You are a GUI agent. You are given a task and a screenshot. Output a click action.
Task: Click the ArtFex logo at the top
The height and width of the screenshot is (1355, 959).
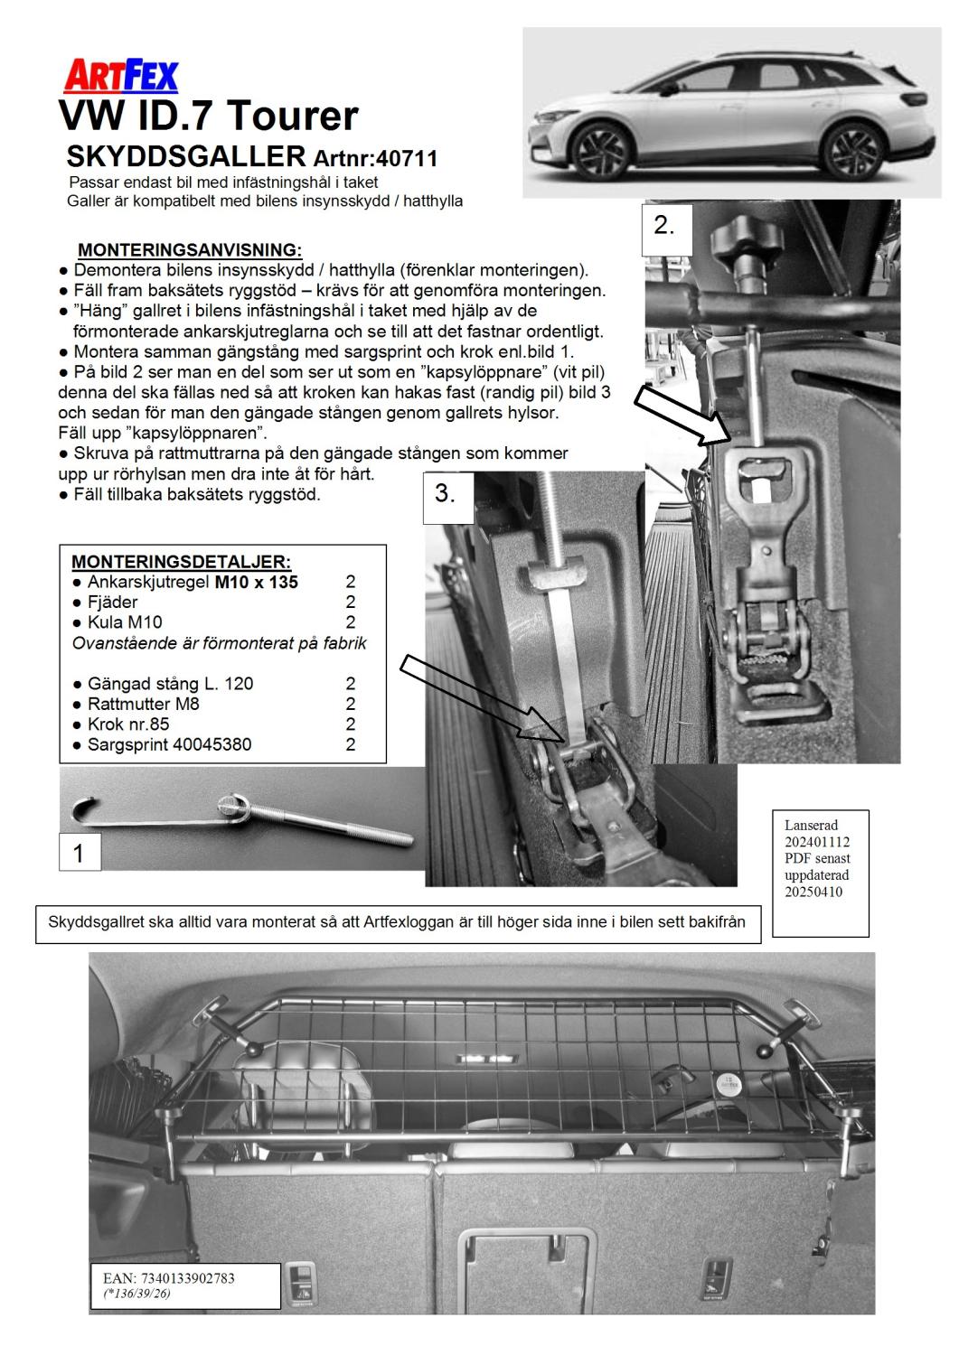[x=120, y=76]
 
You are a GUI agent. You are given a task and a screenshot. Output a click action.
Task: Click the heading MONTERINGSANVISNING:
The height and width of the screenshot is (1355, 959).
[x=190, y=249]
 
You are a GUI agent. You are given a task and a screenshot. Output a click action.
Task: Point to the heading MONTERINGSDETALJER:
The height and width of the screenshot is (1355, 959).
[x=181, y=562]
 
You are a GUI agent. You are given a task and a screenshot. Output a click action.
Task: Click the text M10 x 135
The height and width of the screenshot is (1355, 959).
[x=256, y=583]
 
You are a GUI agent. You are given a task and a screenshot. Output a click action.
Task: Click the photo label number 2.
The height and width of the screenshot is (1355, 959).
[x=664, y=226]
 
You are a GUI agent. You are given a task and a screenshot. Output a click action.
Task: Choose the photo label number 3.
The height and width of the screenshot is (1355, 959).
[x=446, y=495]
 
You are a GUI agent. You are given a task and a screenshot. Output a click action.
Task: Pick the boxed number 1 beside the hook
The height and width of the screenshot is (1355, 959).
[x=79, y=852]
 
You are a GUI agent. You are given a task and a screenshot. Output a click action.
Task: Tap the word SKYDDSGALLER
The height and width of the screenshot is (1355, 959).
[x=186, y=156]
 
